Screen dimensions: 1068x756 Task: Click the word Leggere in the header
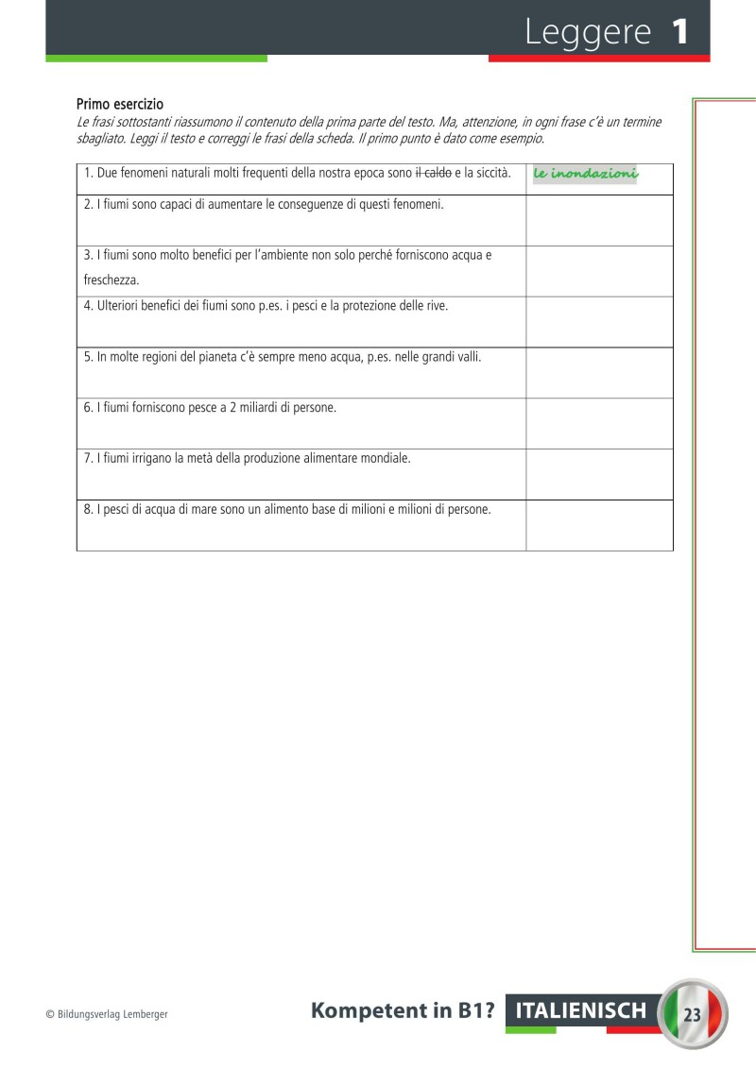[x=588, y=33]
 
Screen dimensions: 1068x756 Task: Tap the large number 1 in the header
[x=680, y=33]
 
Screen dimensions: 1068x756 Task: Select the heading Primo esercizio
[x=120, y=104]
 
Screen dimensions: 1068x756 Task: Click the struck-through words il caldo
[x=433, y=173]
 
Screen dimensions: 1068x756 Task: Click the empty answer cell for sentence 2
[x=599, y=220]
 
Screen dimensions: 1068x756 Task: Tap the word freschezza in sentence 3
[x=112, y=280]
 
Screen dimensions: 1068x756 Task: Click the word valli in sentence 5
[x=465, y=357]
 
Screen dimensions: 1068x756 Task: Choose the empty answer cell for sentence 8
[x=599, y=525]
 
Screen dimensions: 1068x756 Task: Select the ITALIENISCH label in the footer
[x=580, y=1011]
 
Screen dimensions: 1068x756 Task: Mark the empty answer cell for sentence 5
[x=599, y=372]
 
